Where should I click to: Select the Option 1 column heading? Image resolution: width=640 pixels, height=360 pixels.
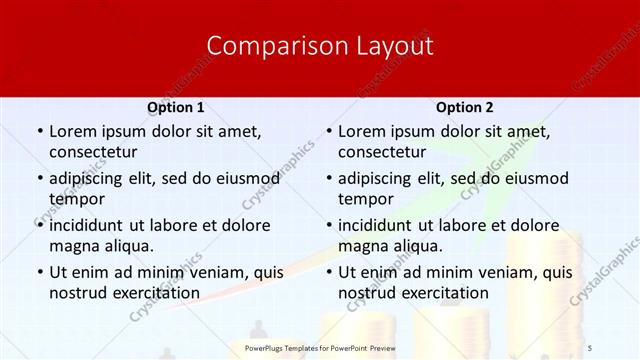[176, 107]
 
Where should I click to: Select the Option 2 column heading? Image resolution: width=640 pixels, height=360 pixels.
[465, 107]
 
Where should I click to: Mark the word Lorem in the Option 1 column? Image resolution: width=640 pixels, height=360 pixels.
[72, 131]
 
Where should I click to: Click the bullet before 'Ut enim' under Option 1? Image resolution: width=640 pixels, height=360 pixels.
[39, 272]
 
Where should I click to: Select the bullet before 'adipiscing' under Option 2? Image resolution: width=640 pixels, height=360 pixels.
[328, 179]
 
